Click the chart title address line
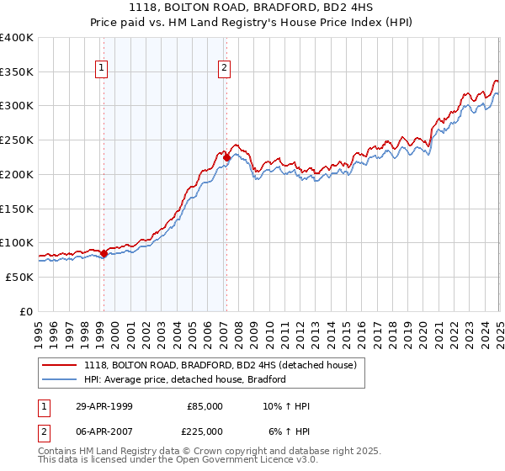[252, 8]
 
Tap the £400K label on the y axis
[17, 38]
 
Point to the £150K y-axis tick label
[17, 208]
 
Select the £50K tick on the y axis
[19, 277]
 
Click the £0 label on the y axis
[27, 311]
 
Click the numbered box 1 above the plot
[102, 69]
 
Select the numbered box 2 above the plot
[226, 69]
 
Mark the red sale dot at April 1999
[104, 253]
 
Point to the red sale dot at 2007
[226, 157]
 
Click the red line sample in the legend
[61, 365]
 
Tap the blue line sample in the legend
[61, 379]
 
